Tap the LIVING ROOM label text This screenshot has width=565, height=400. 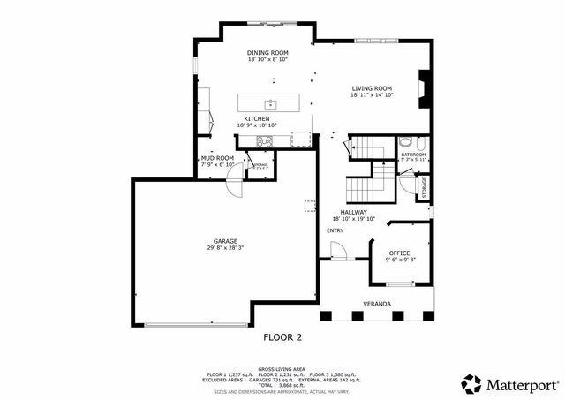pyautogui.click(x=372, y=88)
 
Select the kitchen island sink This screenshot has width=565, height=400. pyautogui.click(x=271, y=104)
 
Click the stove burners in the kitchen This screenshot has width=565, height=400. pyautogui.click(x=264, y=141)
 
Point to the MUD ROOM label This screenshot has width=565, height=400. pyautogui.click(x=217, y=158)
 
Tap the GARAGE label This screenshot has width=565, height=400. pyautogui.click(x=224, y=241)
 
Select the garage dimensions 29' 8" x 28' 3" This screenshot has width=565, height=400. pyautogui.click(x=224, y=248)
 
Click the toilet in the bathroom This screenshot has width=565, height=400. pyautogui.click(x=421, y=143)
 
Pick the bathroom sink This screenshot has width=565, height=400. pyautogui.click(x=404, y=143)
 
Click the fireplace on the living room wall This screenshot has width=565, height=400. pyautogui.click(x=425, y=87)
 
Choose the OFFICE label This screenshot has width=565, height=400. pyautogui.click(x=399, y=253)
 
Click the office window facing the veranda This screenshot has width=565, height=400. pyautogui.click(x=401, y=284)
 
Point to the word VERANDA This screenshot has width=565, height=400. pyautogui.click(x=377, y=304)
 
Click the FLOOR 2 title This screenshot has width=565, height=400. pyautogui.click(x=282, y=337)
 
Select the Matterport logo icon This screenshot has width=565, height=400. pyautogui.click(x=472, y=384)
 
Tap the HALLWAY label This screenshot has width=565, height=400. pyautogui.click(x=354, y=212)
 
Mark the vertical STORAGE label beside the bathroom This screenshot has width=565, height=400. pyautogui.click(x=424, y=187)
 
